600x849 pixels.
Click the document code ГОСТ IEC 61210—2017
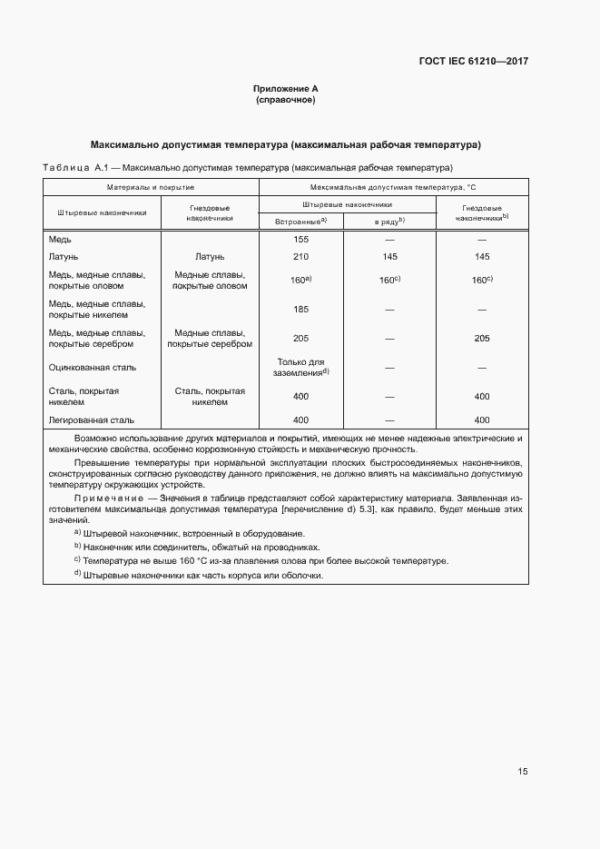tap(473, 62)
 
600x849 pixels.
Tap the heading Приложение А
tap(285, 89)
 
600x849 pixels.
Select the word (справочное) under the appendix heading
tap(285, 100)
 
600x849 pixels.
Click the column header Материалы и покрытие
tap(151, 186)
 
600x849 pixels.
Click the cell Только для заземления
tap(300, 367)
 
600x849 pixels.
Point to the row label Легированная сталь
tap(91, 420)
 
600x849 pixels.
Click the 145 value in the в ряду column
tap(390, 257)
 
